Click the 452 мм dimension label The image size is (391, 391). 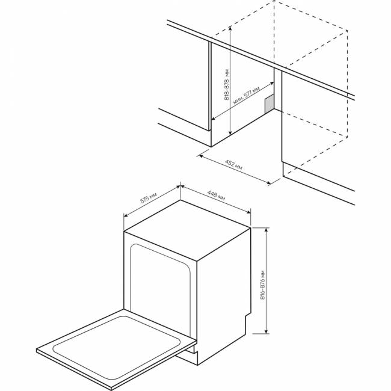(x=233, y=165)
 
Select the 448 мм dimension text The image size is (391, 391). (x=216, y=195)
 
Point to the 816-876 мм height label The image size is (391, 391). (x=263, y=285)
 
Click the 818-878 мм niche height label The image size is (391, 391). (x=227, y=84)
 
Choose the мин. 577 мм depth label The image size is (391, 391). (x=246, y=95)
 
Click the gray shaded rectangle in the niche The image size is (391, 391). (x=269, y=103)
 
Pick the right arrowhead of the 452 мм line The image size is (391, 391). (x=268, y=183)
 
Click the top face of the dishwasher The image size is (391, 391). (x=187, y=230)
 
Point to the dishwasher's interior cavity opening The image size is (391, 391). (x=160, y=289)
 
